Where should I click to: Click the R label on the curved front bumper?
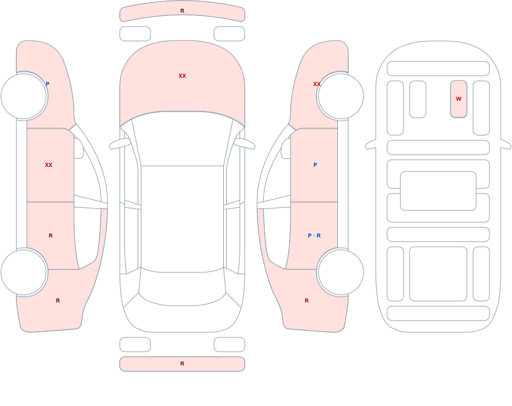tap(182, 11)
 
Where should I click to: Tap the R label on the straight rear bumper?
tap(182, 364)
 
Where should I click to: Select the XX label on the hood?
tap(182, 76)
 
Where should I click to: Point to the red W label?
tap(459, 99)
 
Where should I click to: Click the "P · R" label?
tap(314, 236)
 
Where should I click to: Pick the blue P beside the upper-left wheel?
tap(47, 84)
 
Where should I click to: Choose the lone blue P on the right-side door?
tap(315, 165)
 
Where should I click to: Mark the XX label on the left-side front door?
tap(49, 165)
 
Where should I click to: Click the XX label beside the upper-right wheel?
tap(317, 84)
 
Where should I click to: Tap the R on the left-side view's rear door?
tap(51, 236)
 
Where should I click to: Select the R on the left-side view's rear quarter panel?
tap(58, 301)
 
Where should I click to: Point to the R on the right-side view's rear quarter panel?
tap(307, 301)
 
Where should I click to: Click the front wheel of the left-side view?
tap(24, 96)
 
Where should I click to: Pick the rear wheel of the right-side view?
tap(340, 272)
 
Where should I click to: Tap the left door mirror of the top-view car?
tap(120, 144)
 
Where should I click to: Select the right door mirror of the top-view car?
tap(245, 144)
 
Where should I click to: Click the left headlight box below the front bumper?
tap(135, 34)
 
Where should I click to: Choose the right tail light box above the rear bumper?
tap(229, 345)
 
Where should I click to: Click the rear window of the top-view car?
tap(182, 287)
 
